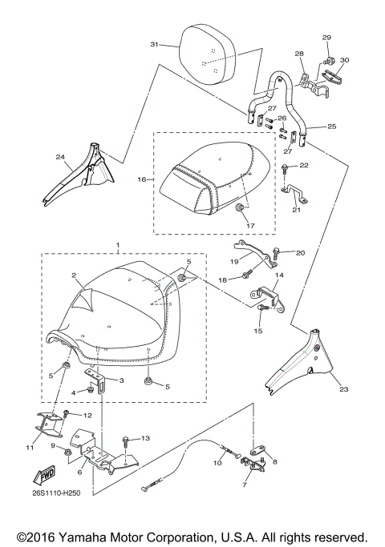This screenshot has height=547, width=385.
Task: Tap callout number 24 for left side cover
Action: click(60, 157)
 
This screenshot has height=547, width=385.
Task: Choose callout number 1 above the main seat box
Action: click(119, 243)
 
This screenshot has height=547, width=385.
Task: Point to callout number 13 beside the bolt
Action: click(145, 439)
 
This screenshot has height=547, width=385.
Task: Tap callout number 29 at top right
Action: click(326, 38)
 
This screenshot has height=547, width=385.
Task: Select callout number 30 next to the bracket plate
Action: click(345, 60)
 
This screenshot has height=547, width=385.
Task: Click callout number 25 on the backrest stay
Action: click(332, 127)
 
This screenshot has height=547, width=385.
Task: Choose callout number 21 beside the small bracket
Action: click(296, 210)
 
